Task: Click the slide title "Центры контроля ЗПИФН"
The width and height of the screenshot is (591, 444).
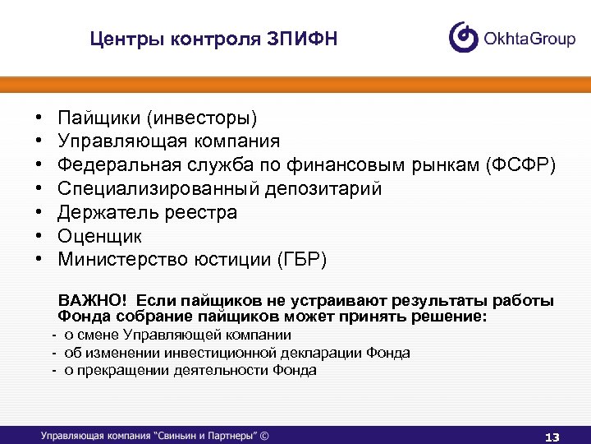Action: coord(213,39)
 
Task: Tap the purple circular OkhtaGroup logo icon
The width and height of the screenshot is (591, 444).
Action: coord(464,37)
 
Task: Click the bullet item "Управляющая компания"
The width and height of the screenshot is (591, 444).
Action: coord(168,142)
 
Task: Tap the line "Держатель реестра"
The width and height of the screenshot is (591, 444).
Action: coord(147,213)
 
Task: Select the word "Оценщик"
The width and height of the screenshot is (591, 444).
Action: coord(99,237)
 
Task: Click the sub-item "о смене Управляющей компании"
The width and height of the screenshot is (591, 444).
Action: coord(176,335)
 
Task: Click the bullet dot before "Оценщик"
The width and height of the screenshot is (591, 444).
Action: coord(39,237)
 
